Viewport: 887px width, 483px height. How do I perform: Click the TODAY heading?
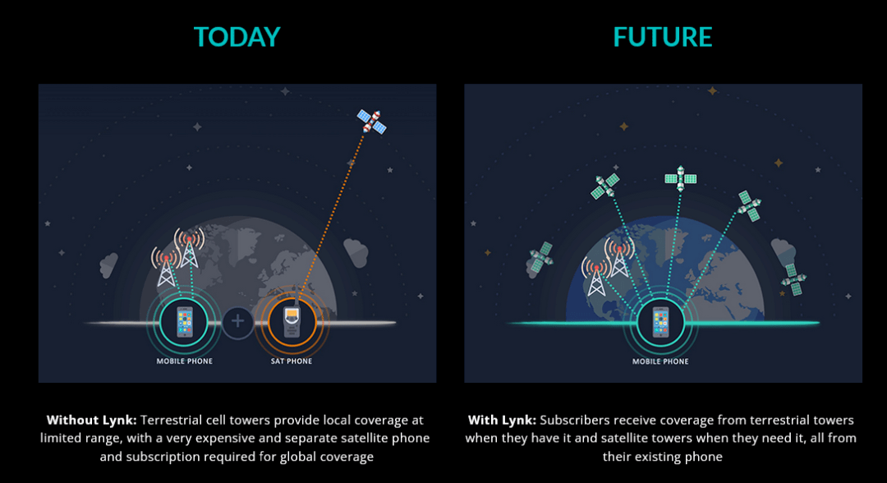point(237,37)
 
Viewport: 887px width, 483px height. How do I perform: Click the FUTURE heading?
point(663,37)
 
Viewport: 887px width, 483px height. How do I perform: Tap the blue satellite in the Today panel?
point(372,122)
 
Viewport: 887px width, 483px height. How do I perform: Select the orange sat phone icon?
point(292,320)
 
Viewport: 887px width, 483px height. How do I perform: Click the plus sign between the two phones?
point(237,321)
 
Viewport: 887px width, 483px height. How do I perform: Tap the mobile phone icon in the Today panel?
point(185,321)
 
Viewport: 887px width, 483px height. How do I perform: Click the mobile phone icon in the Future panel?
point(660,322)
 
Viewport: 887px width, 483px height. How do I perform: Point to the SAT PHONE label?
point(292,361)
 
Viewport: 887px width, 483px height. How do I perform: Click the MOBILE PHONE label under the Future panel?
point(660,361)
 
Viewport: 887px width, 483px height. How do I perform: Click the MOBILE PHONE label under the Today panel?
point(185,361)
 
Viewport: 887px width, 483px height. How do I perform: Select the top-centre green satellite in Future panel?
point(681,179)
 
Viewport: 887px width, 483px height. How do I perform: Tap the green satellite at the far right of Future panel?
point(793,278)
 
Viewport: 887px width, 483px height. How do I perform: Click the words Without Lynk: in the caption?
point(92,421)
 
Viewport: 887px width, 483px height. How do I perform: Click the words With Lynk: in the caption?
point(502,421)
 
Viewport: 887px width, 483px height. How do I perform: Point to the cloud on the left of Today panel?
point(108,265)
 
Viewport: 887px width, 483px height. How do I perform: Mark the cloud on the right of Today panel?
point(356,252)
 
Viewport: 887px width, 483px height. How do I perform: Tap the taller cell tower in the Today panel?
point(189,247)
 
